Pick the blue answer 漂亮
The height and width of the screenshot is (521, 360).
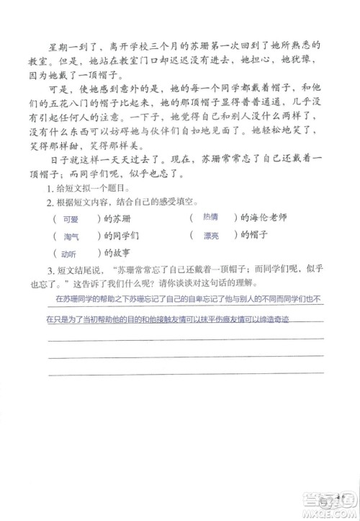click(211, 234)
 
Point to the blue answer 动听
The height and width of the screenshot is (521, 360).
click(70, 254)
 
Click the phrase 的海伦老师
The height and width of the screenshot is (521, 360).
click(261, 217)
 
